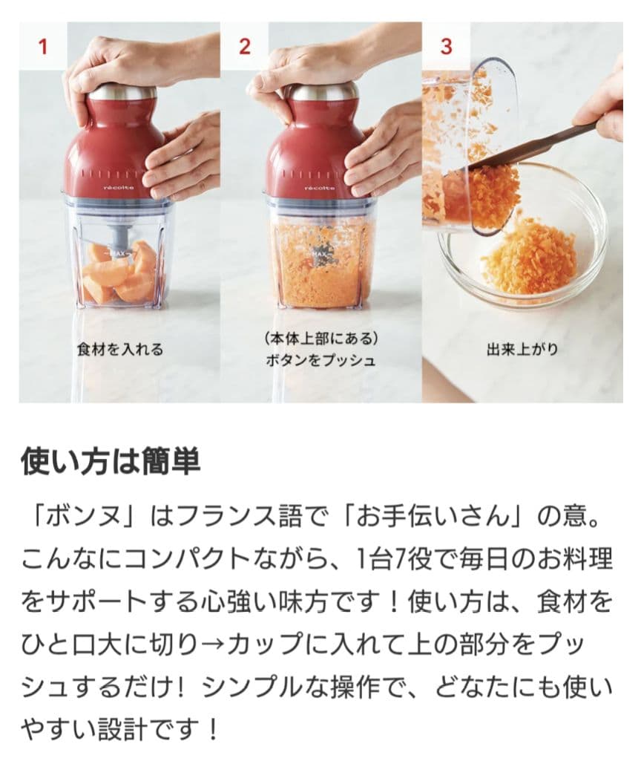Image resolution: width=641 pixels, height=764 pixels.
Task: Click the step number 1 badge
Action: (x=42, y=46)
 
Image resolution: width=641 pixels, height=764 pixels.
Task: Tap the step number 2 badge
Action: (x=244, y=46)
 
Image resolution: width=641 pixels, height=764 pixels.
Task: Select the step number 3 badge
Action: (x=446, y=46)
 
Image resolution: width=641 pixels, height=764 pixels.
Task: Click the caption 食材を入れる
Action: (x=119, y=349)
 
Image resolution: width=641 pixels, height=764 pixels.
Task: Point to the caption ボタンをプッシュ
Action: (x=320, y=361)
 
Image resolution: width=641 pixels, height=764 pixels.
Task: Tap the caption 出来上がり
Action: (x=522, y=349)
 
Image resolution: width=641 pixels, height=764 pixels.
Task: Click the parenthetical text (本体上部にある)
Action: (x=320, y=339)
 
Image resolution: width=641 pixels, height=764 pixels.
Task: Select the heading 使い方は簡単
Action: (x=111, y=461)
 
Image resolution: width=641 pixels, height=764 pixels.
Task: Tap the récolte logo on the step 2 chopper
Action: (x=319, y=189)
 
